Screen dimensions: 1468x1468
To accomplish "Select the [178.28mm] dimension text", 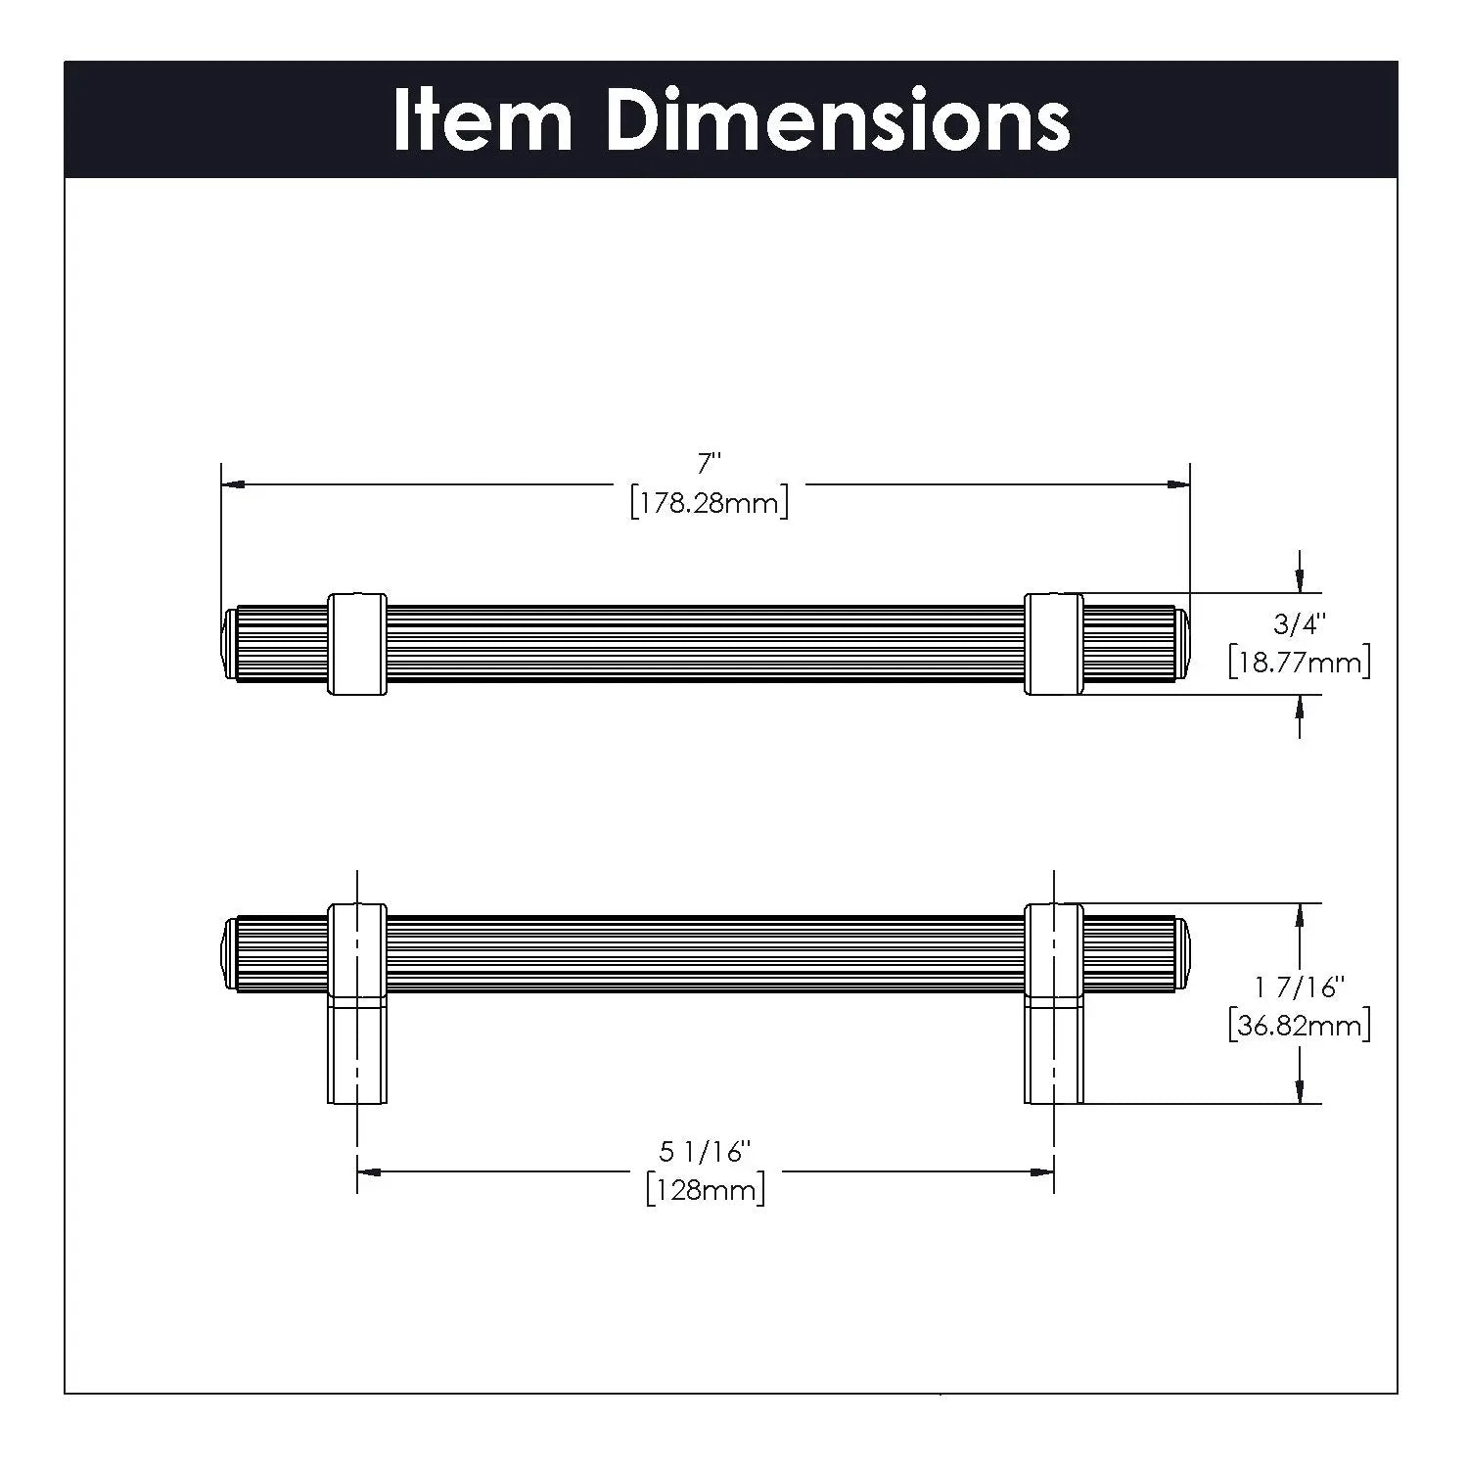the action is tap(710, 503).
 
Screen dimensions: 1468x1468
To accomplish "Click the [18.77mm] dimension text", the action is tap(1299, 662).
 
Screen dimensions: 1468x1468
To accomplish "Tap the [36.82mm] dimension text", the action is tap(1299, 1025).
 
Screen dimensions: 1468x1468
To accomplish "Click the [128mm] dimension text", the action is tap(706, 1190).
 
